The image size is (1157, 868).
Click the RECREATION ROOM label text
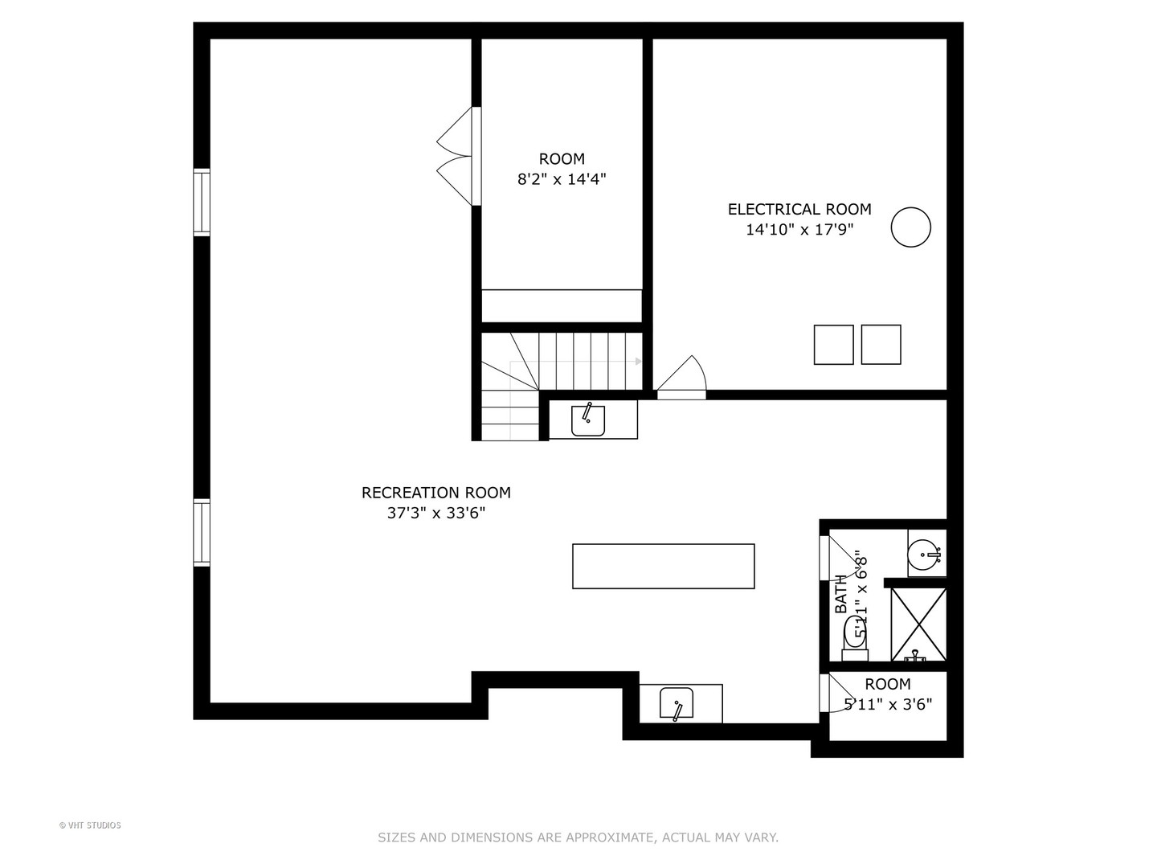(435, 493)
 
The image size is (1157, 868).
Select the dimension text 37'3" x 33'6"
(435, 513)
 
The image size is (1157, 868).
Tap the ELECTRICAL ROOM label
(799, 209)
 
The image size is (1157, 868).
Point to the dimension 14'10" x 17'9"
(799, 230)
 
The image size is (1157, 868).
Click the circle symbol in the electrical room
(910, 227)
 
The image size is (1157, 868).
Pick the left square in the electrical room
(833, 345)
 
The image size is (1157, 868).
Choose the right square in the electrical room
(881, 345)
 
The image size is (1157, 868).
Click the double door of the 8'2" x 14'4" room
(456, 156)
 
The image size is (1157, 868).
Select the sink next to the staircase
(588, 420)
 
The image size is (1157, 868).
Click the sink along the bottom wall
(677, 704)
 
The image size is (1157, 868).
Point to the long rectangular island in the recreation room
(663, 567)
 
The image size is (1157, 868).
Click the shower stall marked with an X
(918, 625)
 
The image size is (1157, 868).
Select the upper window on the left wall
(201, 203)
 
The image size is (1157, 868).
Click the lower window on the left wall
(201, 533)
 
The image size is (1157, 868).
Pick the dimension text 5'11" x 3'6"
(887, 705)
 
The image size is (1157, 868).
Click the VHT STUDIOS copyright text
(90, 825)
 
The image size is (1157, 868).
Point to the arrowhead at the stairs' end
(639, 362)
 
